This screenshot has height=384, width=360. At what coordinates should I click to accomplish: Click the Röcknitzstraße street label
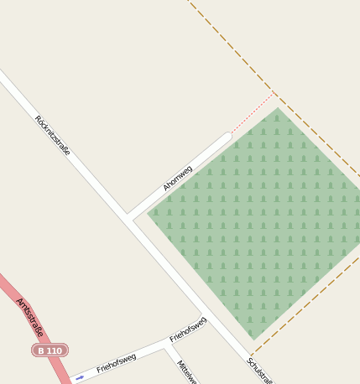(x=53, y=136)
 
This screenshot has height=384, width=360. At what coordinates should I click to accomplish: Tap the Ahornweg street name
(x=178, y=178)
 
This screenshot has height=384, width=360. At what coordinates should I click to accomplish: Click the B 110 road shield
(x=50, y=350)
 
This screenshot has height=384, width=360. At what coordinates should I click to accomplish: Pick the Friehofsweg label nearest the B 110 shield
(x=116, y=363)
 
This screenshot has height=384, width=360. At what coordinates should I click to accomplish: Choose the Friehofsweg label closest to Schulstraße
(x=188, y=329)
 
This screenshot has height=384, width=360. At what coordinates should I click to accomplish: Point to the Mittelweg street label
(x=187, y=372)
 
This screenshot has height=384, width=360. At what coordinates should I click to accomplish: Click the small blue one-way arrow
(x=80, y=378)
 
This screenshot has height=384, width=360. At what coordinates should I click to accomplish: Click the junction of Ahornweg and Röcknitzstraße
(x=129, y=218)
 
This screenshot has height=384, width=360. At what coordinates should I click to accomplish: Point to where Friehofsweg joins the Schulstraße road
(x=206, y=319)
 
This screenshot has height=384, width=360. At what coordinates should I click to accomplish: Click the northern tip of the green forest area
(x=278, y=107)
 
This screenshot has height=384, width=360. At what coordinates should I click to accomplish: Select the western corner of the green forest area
(x=148, y=213)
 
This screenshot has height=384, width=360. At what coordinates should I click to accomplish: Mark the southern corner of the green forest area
(x=250, y=340)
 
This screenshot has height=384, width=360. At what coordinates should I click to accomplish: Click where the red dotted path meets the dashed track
(x=274, y=92)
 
